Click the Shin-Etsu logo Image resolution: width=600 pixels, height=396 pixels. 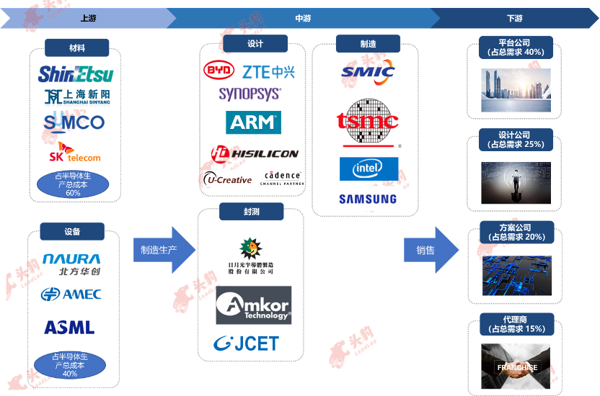(75, 73)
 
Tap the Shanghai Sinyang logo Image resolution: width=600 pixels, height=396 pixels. (75, 96)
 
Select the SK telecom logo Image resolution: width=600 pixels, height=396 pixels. (75, 155)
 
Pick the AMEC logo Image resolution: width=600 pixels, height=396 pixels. (72, 294)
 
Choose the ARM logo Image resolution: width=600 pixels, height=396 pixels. (252, 122)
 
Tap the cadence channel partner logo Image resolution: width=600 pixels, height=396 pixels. (281, 177)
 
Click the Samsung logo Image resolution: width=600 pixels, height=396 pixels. (367, 199)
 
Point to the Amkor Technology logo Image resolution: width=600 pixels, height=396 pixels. (253, 305)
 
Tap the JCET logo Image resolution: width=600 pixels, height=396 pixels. (246, 343)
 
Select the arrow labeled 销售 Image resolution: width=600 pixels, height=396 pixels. (431, 250)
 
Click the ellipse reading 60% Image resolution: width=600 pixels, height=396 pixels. (73, 184)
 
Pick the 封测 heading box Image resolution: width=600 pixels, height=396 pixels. (251, 212)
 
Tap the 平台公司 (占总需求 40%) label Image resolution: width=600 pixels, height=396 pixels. (516, 48)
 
